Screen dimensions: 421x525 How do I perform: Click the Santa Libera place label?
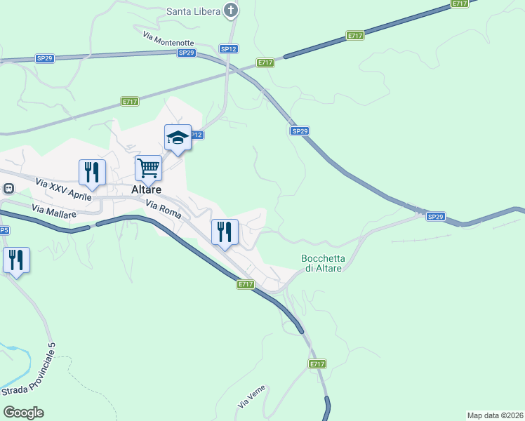click(192, 11)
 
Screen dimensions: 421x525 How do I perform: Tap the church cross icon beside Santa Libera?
click(231, 10)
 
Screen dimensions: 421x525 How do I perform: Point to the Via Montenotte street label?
click(168, 39)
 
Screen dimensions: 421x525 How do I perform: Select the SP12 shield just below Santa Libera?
click(228, 48)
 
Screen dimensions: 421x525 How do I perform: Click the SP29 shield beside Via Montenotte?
click(186, 53)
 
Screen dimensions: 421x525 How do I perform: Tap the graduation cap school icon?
click(178, 138)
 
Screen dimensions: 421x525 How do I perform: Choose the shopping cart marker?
click(148, 168)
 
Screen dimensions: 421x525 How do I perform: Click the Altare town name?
click(147, 189)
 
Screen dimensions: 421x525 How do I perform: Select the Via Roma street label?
click(164, 209)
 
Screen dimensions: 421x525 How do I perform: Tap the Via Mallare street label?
click(52, 210)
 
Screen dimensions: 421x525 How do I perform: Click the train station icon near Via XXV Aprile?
click(8, 188)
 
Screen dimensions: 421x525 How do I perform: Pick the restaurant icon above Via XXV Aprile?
click(92, 171)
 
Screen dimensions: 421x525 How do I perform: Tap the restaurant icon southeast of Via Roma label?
click(225, 231)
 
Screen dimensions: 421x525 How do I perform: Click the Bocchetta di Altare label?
click(321, 263)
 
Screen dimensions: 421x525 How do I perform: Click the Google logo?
click(23, 412)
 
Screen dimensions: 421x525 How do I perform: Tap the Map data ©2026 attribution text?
click(495, 415)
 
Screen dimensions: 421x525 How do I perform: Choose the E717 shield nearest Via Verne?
click(317, 364)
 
